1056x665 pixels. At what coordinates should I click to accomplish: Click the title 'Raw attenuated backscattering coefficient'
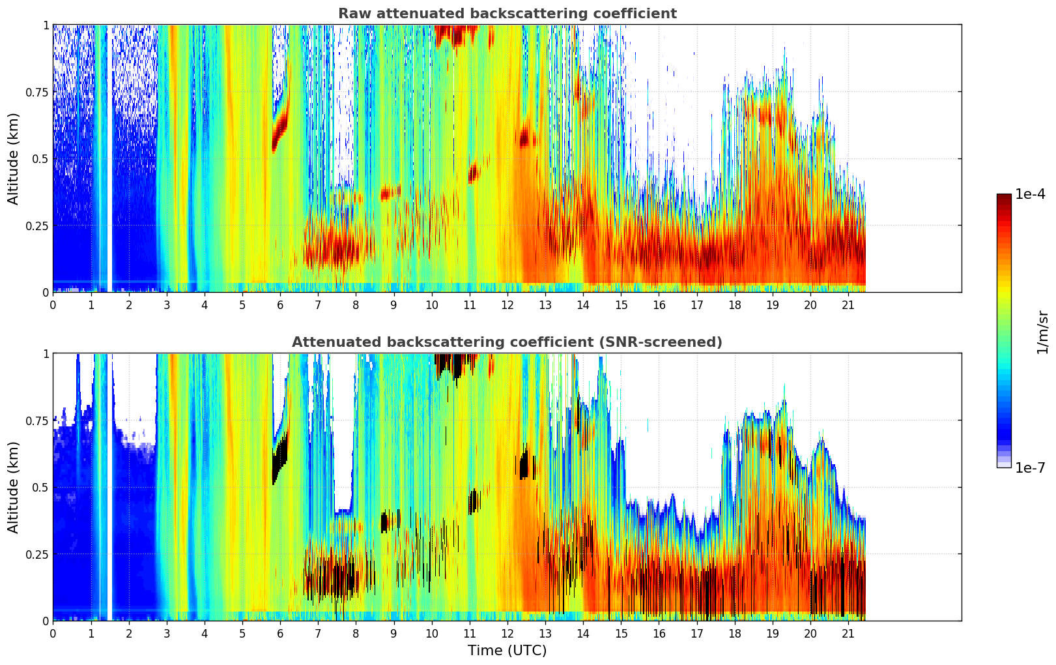[507, 14]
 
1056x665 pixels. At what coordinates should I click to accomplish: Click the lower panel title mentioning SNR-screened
[507, 342]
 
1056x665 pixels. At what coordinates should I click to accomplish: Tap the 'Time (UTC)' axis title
[507, 651]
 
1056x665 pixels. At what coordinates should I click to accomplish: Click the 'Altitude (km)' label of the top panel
[14, 158]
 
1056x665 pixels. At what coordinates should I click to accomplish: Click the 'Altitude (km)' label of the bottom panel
[14, 487]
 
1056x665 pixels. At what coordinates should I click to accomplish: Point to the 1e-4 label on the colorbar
[1030, 194]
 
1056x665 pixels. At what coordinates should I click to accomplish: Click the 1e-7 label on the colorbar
[1030, 468]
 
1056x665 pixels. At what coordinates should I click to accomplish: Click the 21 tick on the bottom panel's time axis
[848, 634]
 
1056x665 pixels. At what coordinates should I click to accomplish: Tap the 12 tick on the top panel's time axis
[507, 305]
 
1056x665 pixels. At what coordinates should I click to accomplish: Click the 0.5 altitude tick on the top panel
[40, 159]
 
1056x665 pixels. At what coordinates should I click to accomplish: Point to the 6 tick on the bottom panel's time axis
[280, 634]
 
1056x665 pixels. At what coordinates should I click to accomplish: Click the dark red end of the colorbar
[1004, 199]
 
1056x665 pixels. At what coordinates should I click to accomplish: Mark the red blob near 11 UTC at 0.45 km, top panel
[473, 173]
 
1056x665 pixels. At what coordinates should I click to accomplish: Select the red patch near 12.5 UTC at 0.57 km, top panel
[525, 138]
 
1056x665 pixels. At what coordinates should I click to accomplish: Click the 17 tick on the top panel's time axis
[697, 305]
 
